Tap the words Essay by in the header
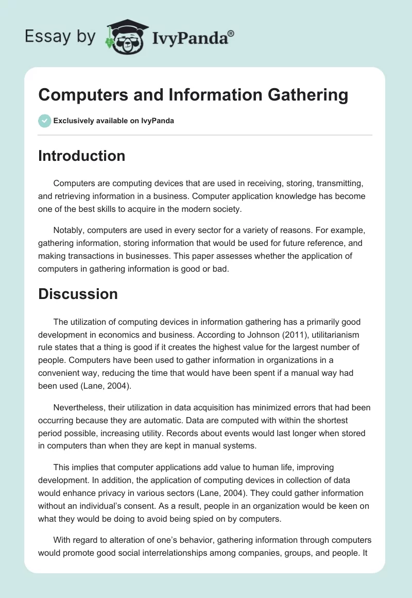pyautogui.click(x=60, y=36)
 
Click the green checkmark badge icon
pyautogui.click(x=44, y=121)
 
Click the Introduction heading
pyautogui.click(x=81, y=156)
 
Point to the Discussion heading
pyautogui.click(x=78, y=294)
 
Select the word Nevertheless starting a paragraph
pyautogui.click(x=80, y=407)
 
